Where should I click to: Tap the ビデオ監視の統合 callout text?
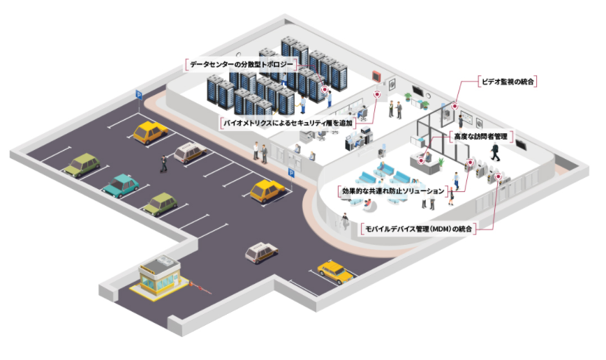click(508, 82)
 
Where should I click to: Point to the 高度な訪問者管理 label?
click(480, 137)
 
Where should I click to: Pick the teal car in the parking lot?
click(121, 185)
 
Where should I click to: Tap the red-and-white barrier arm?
click(202, 287)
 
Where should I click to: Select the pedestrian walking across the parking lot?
click(163, 163)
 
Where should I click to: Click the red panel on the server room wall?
click(378, 75)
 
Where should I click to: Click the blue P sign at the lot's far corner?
click(138, 94)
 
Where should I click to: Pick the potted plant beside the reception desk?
click(442, 163)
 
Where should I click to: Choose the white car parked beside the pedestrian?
click(188, 151)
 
